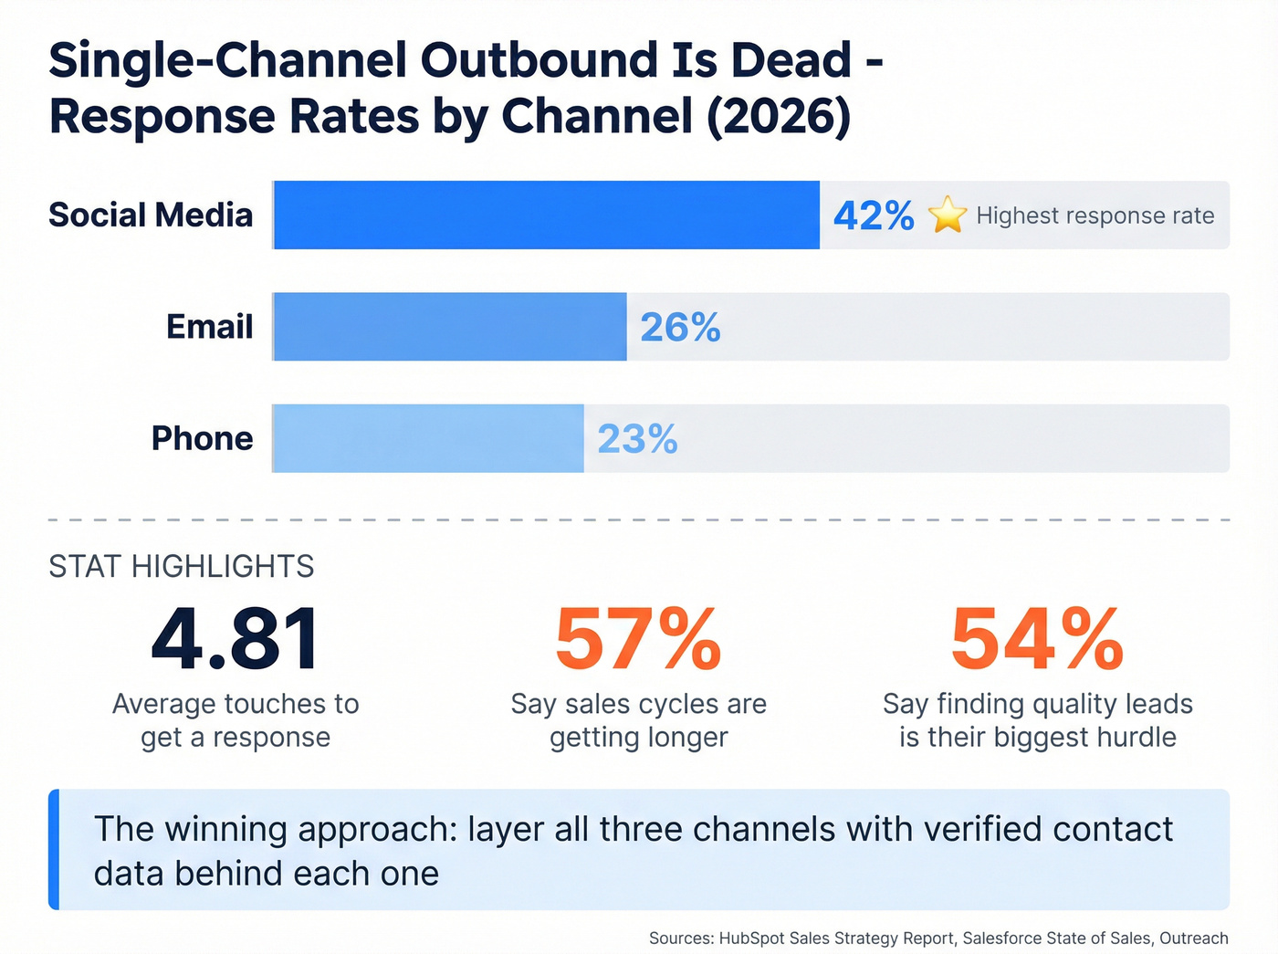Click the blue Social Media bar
point(546,215)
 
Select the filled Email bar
point(449,327)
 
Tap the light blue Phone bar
point(427,438)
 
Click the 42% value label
point(874,216)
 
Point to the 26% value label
point(680,328)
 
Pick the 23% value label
point(637,439)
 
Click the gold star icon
point(948,215)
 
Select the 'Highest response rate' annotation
point(1095,216)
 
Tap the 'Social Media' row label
point(151,215)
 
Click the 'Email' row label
point(209,327)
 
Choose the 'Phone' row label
point(202,438)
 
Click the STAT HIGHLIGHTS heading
point(181,567)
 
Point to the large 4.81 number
point(236,639)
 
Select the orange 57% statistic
point(638,639)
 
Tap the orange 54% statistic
point(1037,639)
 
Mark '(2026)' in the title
point(779,117)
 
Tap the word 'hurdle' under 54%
point(1131,738)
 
